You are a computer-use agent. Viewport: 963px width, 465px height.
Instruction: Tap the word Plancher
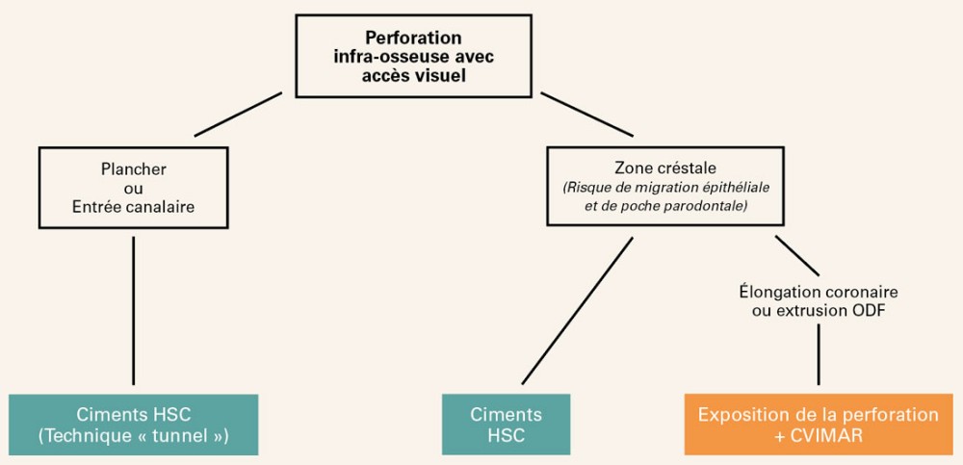click(x=133, y=168)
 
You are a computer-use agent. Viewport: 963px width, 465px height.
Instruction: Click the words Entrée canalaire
click(x=133, y=205)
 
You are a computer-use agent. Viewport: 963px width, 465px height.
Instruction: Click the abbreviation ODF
click(x=871, y=310)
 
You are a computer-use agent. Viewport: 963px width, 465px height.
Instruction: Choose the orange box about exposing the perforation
click(x=818, y=424)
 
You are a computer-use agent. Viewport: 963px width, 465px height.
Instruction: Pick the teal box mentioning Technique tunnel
click(x=133, y=424)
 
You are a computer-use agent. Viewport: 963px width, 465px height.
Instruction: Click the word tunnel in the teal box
click(x=189, y=434)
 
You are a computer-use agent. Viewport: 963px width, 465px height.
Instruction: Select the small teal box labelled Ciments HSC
click(x=506, y=424)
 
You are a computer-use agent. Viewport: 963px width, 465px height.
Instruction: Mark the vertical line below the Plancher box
click(x=133, y=308)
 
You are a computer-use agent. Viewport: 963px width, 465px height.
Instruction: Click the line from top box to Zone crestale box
click(x=586, y=115)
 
